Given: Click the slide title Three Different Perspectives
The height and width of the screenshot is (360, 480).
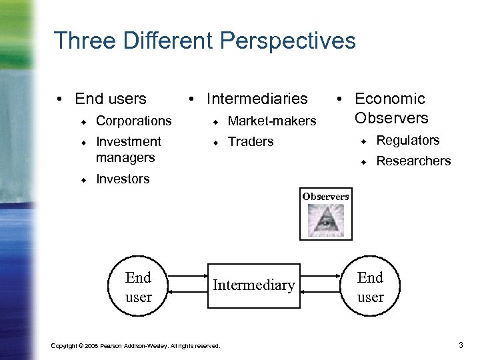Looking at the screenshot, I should click(x=205, y=41).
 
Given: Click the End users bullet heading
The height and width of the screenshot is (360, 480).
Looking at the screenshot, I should click(x=110, y=99).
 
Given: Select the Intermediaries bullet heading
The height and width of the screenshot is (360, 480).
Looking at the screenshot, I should click(x=257, y=99).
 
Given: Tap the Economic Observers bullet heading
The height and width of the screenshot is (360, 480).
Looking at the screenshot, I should click(x=390, y=108).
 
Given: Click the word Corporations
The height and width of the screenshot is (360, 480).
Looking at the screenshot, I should click(x=133, y=121).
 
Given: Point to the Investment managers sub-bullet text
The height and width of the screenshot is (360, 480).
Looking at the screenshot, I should click(x=128, y=149).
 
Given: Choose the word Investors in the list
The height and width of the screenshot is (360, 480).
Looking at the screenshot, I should click(x=123, y=179).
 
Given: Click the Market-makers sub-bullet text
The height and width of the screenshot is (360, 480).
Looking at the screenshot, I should click(x=272, y=121).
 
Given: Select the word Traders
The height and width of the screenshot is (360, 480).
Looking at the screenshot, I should click(x=251, y=141).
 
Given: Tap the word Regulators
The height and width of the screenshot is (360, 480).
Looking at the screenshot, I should click(x=408, y=140).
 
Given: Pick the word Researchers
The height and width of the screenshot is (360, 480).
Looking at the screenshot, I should click(x=413, y=161).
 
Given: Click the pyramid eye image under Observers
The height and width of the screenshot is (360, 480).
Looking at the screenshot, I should click(x=325, y=221).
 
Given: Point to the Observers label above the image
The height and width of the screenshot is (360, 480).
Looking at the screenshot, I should click(x=325, y=197).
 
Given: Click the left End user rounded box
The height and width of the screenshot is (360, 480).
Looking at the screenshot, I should click(x=138, y=287).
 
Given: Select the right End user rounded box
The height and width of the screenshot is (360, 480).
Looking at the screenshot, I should click(x=370, y=287).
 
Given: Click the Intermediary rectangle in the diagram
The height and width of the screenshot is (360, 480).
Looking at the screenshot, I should click(x=253, y=285).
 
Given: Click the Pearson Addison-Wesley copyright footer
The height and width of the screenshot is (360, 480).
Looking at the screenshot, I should click(x=135, y=346).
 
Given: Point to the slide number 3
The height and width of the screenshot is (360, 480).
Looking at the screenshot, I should click(x=461, y=345).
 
